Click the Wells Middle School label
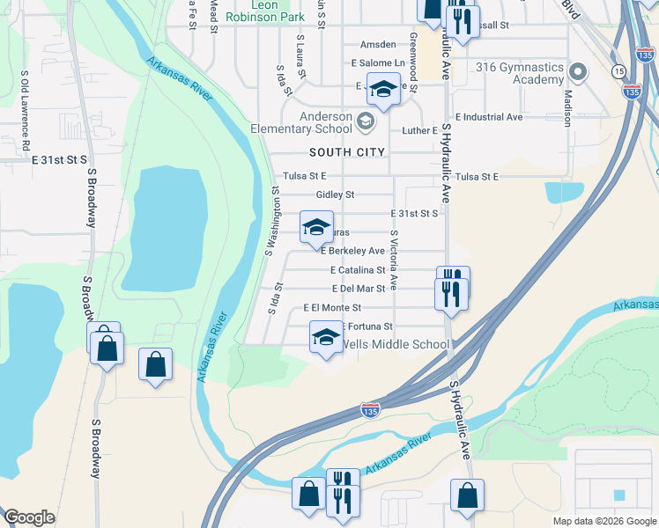(x=395, y=344)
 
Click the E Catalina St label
(x=358, y=270)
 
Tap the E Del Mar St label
(x=359, y=289)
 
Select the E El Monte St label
(x=332, y=308)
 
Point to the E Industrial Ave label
(x=489, y=116)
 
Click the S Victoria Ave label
(x=395, y=260)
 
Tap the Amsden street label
(x=377, y=45)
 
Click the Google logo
(x=29, y=517)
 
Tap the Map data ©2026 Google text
(x=603, y=521)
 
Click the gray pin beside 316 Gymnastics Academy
(x=578, y=70)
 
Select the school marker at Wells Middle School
(x=326, y=337)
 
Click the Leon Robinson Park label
(x=264, y=11)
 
